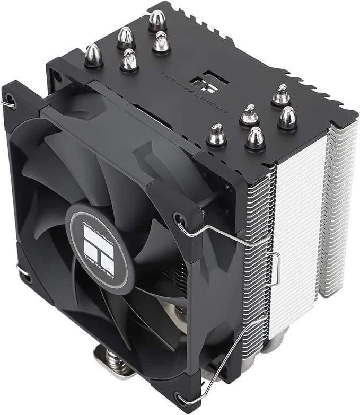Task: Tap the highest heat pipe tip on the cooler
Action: (157, 20)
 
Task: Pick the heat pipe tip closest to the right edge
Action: (287, 118)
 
